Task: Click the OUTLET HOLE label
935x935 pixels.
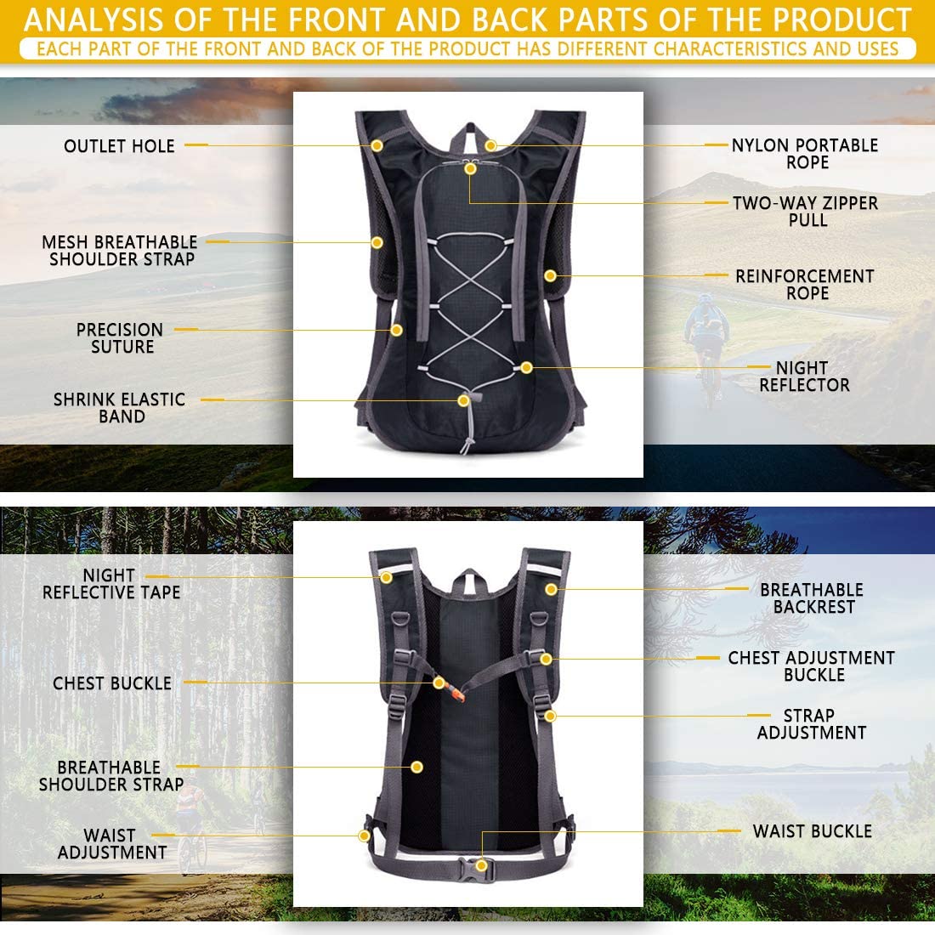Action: click(119, 146)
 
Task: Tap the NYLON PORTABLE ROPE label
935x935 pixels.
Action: click(805, 154)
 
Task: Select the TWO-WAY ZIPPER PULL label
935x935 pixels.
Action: click(805, 212)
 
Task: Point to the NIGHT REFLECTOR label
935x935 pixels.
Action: click(803, 377)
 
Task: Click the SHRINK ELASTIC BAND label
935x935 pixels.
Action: click(120, 408)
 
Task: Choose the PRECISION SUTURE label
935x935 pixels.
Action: click(120, 338)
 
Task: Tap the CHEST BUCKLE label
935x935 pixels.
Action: click(112, 683)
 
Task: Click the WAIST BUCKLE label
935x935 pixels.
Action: click(812, 831)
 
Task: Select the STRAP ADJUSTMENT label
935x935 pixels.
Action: click(811, 724)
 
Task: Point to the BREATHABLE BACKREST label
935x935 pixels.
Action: click(812, 598)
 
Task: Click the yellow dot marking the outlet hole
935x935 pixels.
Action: click(377, 146)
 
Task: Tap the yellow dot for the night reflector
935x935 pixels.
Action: click(526, 367)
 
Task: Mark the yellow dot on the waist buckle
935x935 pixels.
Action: click(482, 865)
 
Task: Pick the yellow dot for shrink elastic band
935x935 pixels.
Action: click(463, 399)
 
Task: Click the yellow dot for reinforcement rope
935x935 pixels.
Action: click(550, 275)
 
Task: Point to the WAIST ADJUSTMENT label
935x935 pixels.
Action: click(112, 844)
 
